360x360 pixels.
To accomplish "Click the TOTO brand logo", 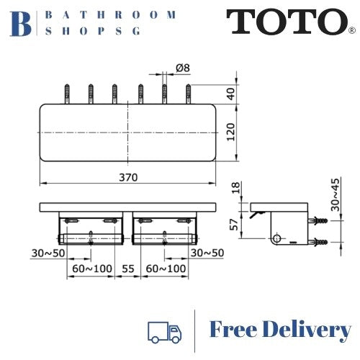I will coord(287,23).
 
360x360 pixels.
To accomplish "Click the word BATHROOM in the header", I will coord(110,14).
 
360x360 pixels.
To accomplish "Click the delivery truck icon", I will coord(164,330).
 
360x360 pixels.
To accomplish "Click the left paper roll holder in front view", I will coord(90,238).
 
